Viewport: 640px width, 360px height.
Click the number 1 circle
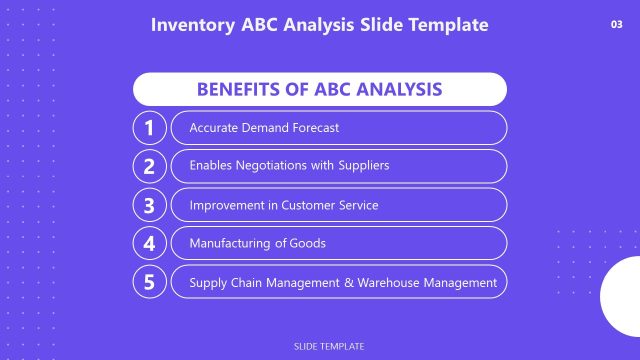click(x=149, y=128)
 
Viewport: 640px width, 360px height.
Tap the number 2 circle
click(x=149, y=166)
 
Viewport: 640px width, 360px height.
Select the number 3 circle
click(x=149, y=205)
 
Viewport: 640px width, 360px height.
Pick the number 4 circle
click(x=149, y=243)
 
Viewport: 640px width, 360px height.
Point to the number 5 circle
click(x=149, y=282)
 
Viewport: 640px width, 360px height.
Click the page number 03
click(x=616, y=25)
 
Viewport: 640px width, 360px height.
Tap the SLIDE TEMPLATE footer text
click(x=329, y=346)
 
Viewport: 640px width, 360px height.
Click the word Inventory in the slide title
click(x=190, y=24)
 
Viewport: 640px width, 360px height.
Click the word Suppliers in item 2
click(x=364, y=166)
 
